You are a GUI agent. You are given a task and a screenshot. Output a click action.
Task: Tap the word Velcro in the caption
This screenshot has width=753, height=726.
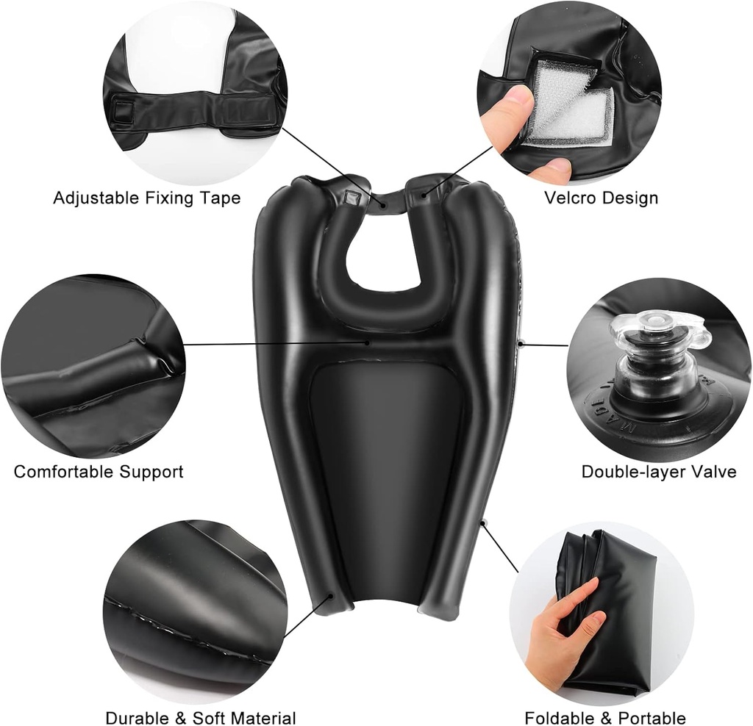coord(569,198)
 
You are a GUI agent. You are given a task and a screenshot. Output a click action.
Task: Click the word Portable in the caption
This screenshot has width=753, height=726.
coord(652,719)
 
